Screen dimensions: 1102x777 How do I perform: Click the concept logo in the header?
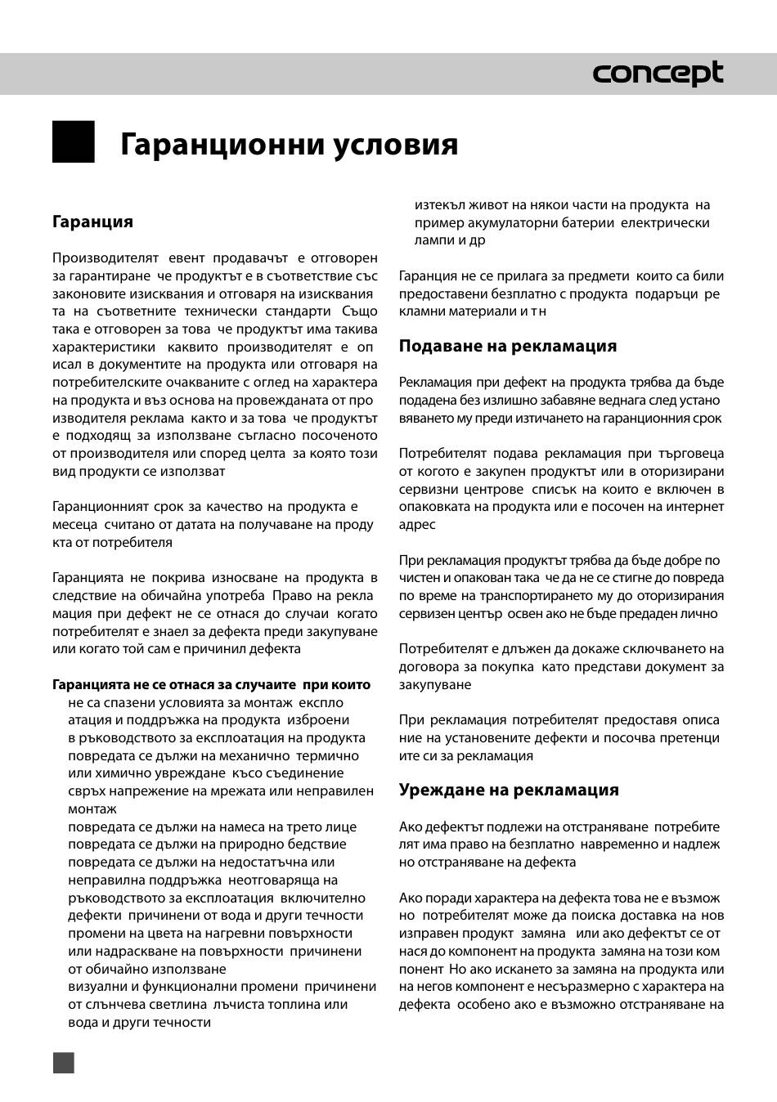pos(658,74)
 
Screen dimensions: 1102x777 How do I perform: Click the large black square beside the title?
pos(74,141)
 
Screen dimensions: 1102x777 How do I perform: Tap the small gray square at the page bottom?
pos(64,1062)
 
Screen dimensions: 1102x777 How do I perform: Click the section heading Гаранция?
pos(92,222)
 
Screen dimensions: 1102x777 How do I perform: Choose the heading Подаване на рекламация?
pos(508,346)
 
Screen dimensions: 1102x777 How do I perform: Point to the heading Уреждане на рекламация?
pos(509,790)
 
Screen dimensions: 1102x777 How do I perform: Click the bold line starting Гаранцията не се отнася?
pos(211,684)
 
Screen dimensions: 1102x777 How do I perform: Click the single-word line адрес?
pos(417,525)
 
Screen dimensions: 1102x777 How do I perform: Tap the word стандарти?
pos(293,311)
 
